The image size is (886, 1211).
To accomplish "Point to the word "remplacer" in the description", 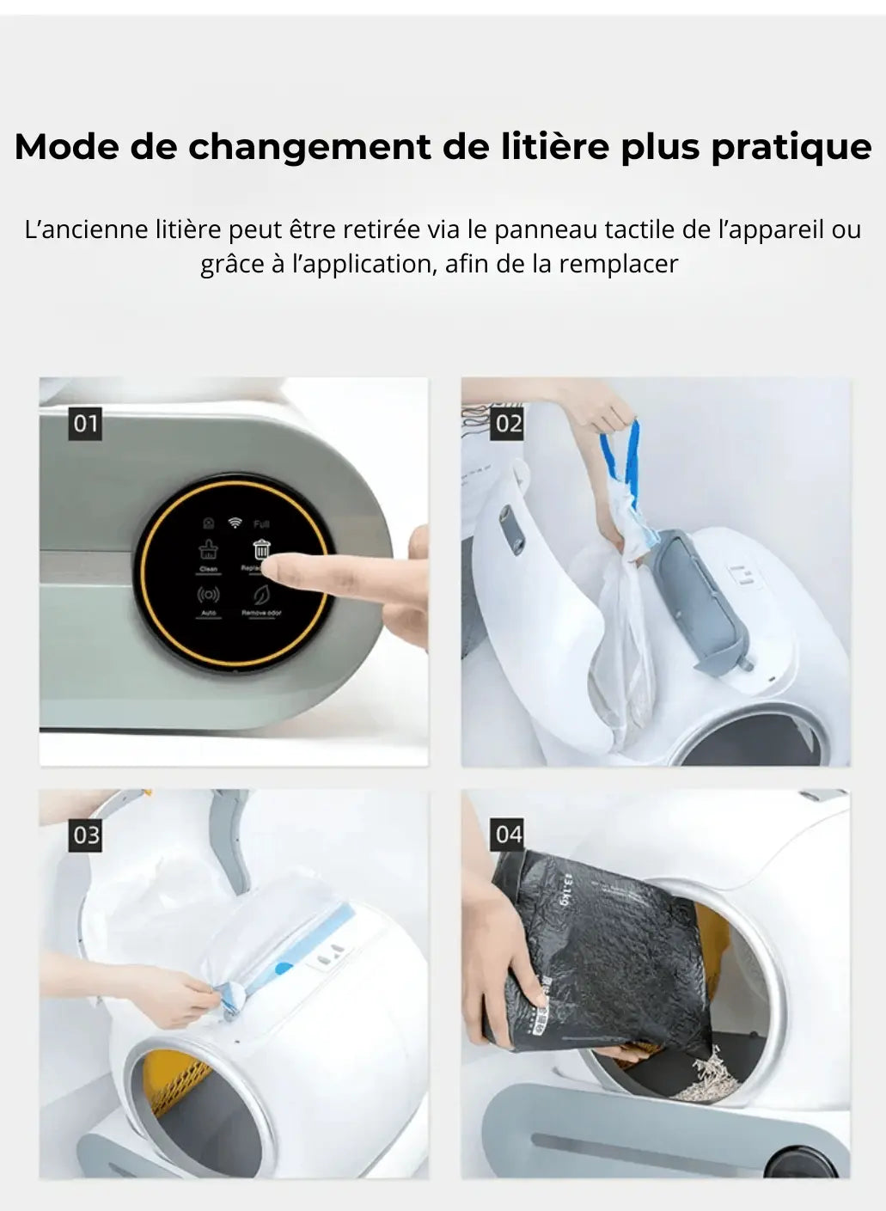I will point(619,264).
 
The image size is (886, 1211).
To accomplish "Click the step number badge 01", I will point(85,424).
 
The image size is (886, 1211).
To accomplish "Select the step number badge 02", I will point(508,424).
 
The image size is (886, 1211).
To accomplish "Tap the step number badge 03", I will point(85,835).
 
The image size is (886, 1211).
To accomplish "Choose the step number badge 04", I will point(508,835).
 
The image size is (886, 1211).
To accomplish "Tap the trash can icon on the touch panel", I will point(261,549).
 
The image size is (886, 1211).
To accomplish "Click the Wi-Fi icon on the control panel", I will point(234,523).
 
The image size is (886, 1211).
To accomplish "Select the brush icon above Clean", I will point(209,550).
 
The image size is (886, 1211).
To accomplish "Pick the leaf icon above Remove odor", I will point(260,595).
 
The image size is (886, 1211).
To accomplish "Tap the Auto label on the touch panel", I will point(208,614).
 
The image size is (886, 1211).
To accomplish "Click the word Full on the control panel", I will point(261,523).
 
